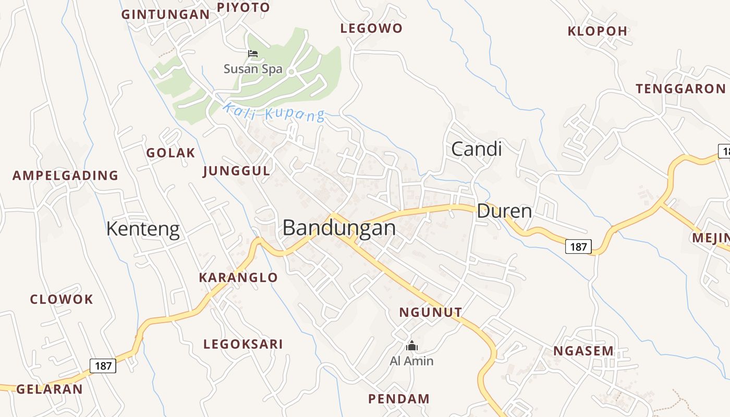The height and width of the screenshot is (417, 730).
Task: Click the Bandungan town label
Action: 339,228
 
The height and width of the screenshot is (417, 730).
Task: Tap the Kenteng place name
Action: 143,229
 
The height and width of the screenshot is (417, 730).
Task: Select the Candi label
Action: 476,149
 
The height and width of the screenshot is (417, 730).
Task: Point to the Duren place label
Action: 504,211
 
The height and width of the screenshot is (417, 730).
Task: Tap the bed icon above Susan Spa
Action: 253,53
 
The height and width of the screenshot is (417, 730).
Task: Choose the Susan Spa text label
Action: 253,69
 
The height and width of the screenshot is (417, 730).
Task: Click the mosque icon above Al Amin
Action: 411,346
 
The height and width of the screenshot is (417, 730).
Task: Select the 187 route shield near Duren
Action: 578,247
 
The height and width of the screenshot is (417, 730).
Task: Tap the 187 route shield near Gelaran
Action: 103,365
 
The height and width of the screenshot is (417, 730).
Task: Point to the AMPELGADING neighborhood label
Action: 65,176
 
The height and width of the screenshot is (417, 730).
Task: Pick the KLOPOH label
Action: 598,31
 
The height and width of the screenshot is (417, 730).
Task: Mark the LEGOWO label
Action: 371,29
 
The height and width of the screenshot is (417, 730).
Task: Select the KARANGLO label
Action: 238,278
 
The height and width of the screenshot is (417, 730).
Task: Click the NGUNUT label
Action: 430,313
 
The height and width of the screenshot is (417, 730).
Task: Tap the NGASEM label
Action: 583,351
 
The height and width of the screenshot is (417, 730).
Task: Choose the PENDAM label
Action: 399,399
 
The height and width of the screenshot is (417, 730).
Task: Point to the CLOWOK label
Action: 62,300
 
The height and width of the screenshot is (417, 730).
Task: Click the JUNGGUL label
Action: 236,171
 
